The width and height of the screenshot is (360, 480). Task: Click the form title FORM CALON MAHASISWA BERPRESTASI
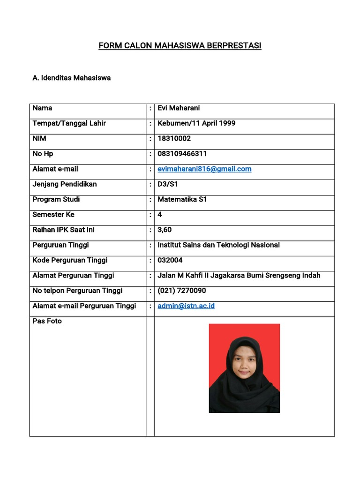[x=180, y=45]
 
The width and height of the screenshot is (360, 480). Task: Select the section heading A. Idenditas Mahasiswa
[x=71, y=78]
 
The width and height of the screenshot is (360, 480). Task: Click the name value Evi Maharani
[x=179, y=108]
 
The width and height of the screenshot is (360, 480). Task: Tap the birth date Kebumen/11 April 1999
[x=196, y=123]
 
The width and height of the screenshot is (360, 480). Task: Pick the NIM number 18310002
[x=174, y=139]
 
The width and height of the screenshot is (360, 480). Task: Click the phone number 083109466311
[x=182, y=154]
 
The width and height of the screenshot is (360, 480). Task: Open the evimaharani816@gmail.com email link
[x=204, y=169]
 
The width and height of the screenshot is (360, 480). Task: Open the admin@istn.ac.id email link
[x=186, y=306]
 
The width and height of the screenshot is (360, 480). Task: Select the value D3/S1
[x=168, y=184]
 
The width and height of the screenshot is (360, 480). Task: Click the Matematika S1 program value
[x=182, y=199]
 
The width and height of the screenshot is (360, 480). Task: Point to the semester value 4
[x=160, y=215]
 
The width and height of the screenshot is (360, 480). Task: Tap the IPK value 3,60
[x=165, y=230]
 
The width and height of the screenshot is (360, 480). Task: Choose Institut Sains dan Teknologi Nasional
[x=218, y=245]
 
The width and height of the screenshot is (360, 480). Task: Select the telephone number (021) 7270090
[x=181, y=291]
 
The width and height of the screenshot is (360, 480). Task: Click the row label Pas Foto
[x=47, y=321]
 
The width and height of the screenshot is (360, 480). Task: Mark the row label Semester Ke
[x=53, y=215]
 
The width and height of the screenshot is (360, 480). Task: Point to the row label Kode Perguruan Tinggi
[x=70, y=260]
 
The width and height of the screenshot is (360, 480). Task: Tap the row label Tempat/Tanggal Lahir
[x=69, y=123]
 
